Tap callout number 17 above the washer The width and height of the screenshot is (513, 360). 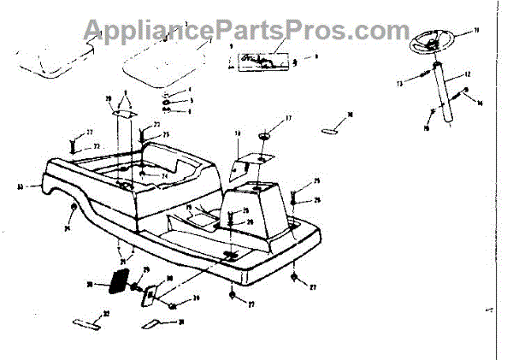(x=288, y=118)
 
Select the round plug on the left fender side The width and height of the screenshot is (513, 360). (x=74, y=210)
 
